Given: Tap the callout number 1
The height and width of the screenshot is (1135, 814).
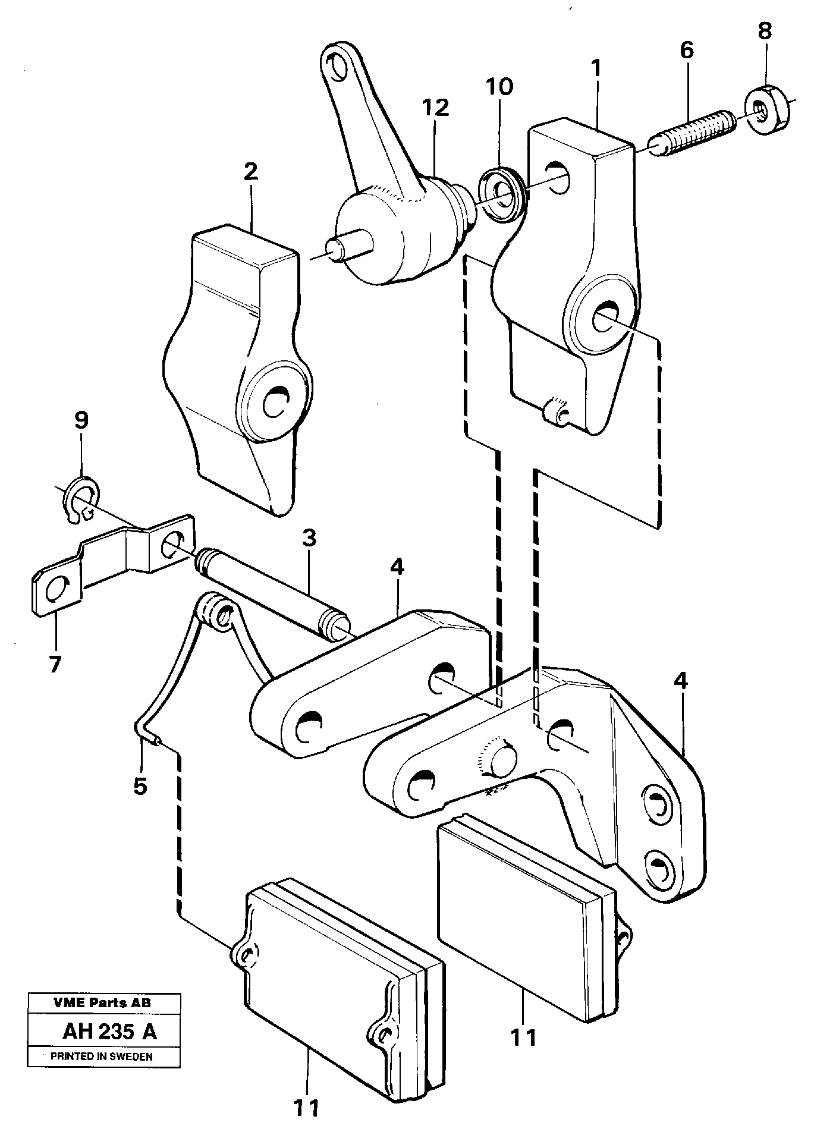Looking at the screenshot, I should tap(596, 71).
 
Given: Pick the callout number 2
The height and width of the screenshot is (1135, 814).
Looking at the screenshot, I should tap(250, 172).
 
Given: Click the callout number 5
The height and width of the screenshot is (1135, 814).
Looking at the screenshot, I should tap(140, 786).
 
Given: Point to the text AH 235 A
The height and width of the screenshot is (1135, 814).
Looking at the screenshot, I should tap(109, 1032).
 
